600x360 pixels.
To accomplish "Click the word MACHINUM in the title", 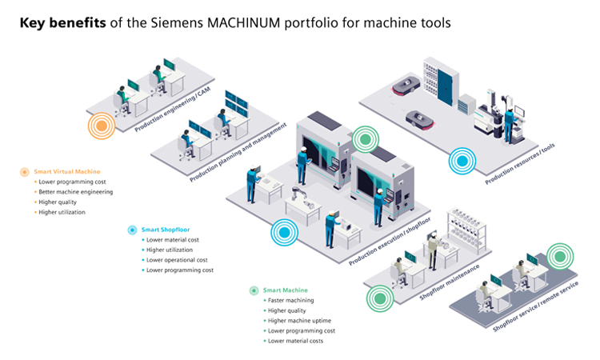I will pyautogui.click(x=252, y=23).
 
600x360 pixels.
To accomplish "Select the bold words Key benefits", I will pyautogui.click(x=63, y=23).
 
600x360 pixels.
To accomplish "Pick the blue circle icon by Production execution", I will pyautogui.click(x=284, y=233).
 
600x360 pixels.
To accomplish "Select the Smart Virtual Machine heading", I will pyautogui.click(x=67, y=171).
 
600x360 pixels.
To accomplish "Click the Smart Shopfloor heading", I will pyautogui.click(x=165, y=230).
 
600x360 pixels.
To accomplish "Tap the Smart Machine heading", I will pyautogui.click(x=285, y=290).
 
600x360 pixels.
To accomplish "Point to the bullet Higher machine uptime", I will pyautogui.click(x=298, y=320).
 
